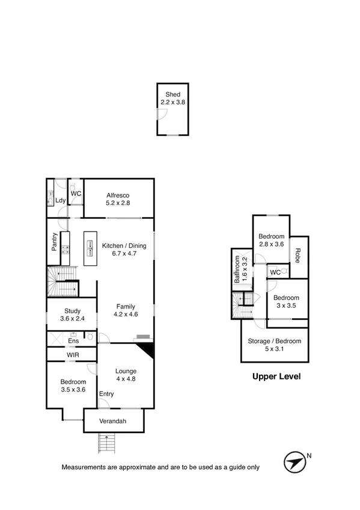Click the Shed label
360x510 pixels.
[172, 95]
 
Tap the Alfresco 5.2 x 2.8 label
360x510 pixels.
[118, 199]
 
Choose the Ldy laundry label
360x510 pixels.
[60, 200]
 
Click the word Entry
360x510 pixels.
[106, 394]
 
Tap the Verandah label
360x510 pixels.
[113, 422]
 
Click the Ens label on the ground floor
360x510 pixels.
[73, 341]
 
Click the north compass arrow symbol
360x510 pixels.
[294, 462]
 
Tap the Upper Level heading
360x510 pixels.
[275, 377]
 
